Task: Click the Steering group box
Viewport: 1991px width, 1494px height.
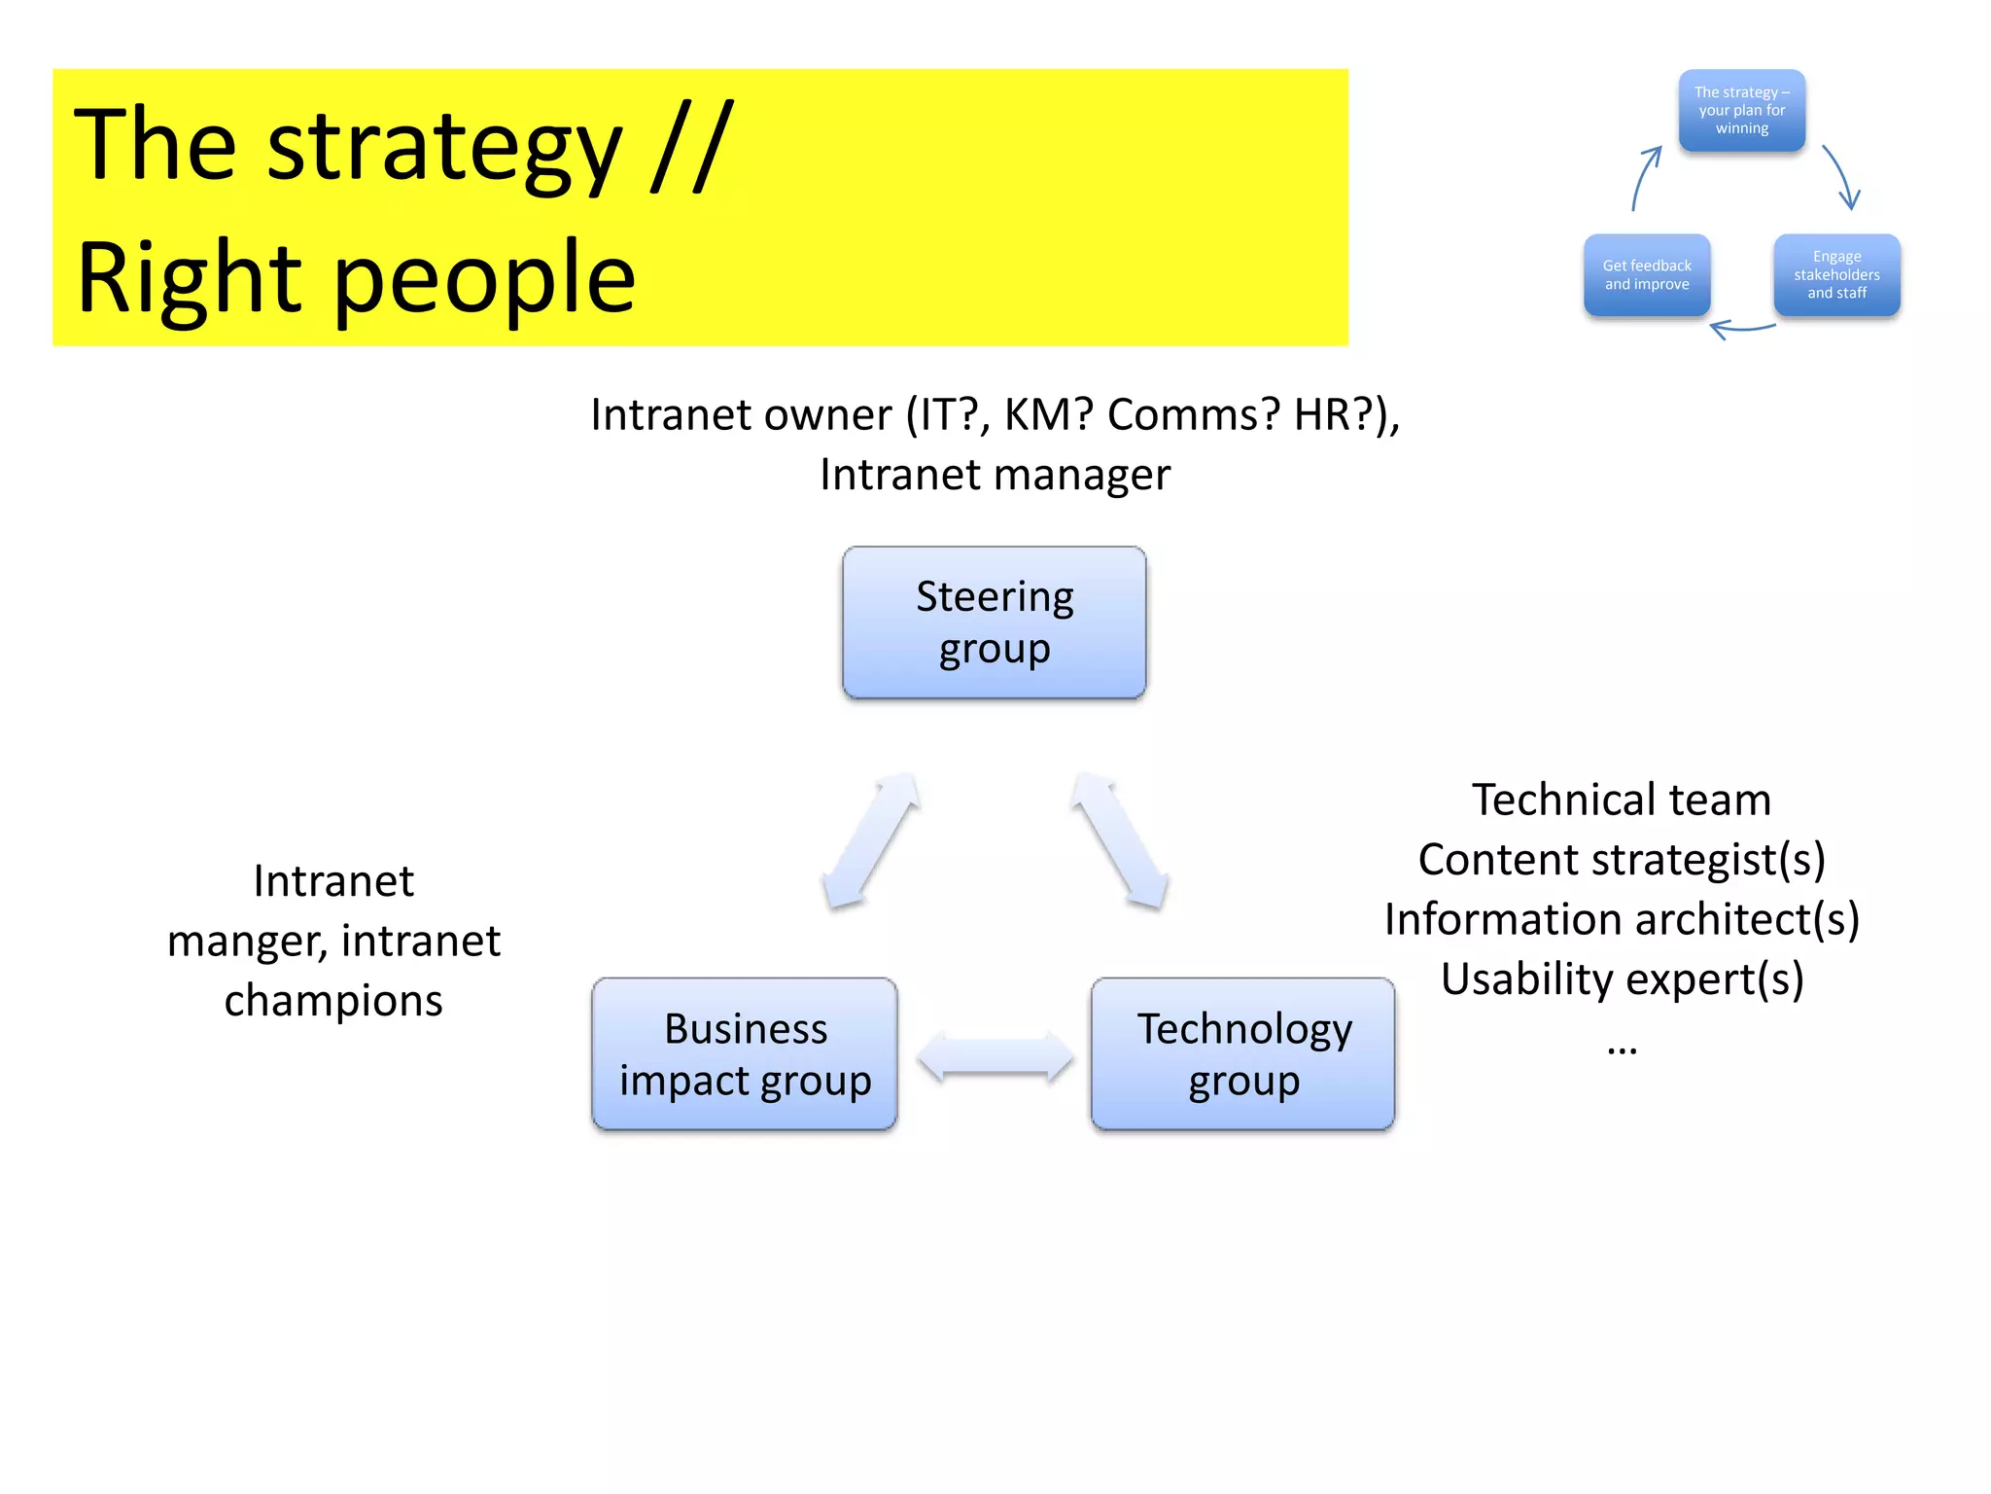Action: point(994,622)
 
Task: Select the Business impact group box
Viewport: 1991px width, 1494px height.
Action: point(745,1054)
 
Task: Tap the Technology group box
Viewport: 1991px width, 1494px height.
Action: point(1242,1054)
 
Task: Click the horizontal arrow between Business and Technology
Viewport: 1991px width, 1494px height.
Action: point(995,1057)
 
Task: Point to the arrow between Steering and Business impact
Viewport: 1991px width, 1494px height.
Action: point(871,841)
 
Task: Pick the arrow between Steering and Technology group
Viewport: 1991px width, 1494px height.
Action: point(1119,841)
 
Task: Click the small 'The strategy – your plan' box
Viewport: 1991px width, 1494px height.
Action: point(1741,110)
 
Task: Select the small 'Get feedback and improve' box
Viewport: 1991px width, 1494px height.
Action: point(1647,275)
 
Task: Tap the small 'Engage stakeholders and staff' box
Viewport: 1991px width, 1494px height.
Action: point(1836,275)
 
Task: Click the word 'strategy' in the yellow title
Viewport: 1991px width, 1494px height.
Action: point(444,148)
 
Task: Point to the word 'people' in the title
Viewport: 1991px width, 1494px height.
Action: point(484,280)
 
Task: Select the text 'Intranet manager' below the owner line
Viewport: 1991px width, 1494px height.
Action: point(995,475)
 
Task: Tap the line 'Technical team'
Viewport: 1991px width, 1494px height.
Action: point(1621,800)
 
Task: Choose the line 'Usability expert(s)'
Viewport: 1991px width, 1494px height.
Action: point(1622,978)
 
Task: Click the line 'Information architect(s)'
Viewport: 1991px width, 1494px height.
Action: point(1622,919)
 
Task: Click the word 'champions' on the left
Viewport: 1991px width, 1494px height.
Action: point(333,1001)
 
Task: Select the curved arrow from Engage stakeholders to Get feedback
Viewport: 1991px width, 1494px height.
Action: point(1742,330)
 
